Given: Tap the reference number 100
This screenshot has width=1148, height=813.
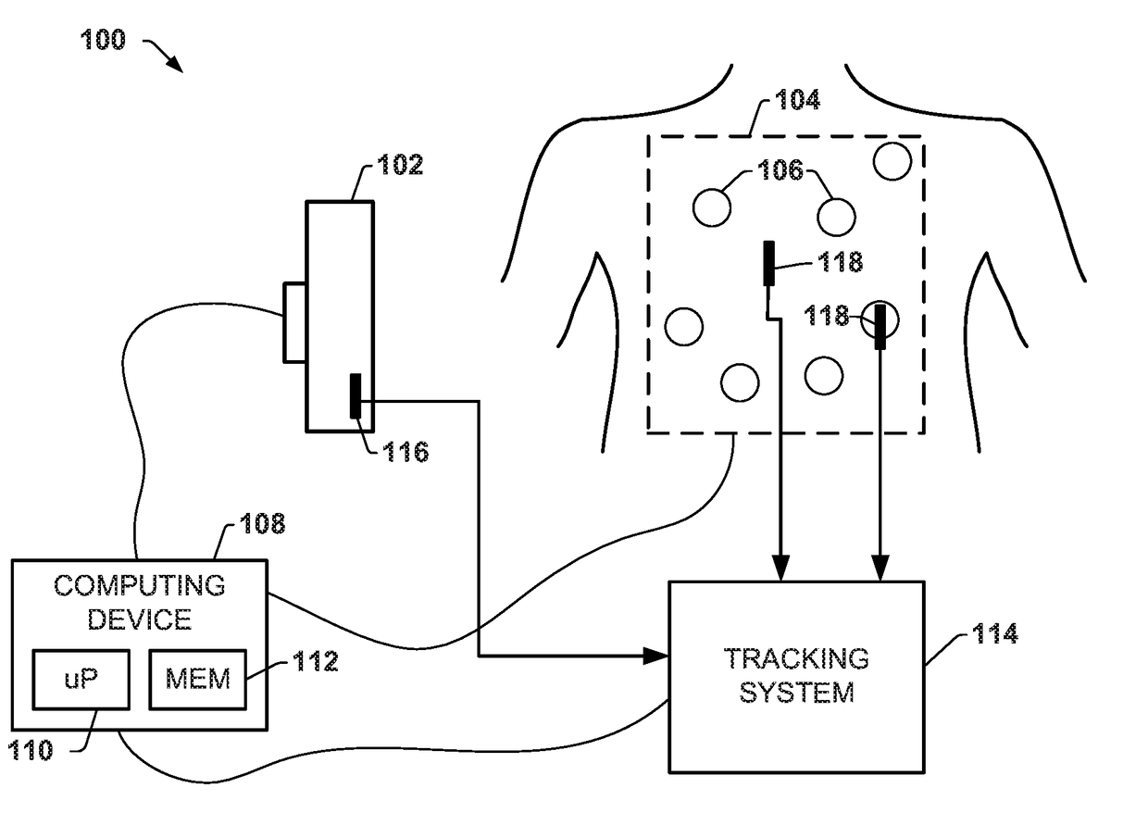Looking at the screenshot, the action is click(x=103, y=40).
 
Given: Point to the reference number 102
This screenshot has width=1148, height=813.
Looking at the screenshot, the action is click(x=400, y=165).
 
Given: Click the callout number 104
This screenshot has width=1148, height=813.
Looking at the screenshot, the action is click(x=797, y=99).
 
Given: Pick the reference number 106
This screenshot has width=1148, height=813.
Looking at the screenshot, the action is click(x=780, y=169).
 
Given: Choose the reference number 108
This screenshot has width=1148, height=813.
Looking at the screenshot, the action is click(x=262, y=524).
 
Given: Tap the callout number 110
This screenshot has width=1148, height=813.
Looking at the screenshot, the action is click(x=31, y=750).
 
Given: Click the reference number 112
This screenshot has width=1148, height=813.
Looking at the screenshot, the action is click(x=316, y=661).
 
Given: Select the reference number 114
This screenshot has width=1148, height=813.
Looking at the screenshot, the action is click(x=994, y=633).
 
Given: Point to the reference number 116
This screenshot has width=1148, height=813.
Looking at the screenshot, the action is click(x=406, y=452).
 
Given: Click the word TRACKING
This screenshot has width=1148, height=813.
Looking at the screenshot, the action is click(x=796, y=658).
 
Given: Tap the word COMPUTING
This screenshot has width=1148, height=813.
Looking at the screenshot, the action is click(x=140, y=585).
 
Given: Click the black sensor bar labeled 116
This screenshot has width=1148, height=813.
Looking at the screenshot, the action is click(x=356, y=395).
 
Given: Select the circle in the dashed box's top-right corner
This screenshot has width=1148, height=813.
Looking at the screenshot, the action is click(x=892, y=161).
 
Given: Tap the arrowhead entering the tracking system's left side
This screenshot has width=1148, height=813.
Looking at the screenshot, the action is click(x=656, y=656).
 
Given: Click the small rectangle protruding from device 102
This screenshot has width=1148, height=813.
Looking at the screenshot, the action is click(x=294, y=322).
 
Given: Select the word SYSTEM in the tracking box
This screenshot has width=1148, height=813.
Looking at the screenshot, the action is click(x=796, y=693).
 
